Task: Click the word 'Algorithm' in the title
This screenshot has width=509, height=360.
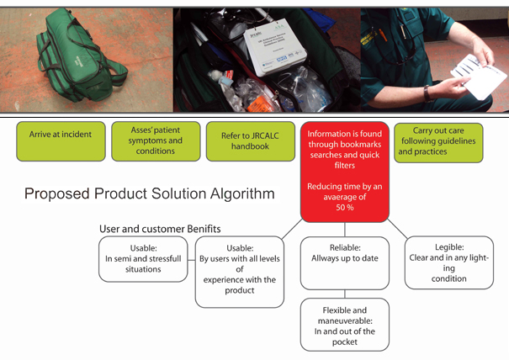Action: coord(239,194)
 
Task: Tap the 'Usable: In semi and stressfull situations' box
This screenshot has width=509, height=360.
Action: coord(142,259)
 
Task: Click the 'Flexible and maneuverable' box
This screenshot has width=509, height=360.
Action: coord(345,324)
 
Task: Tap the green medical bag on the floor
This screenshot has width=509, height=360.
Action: coord(80,59)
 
